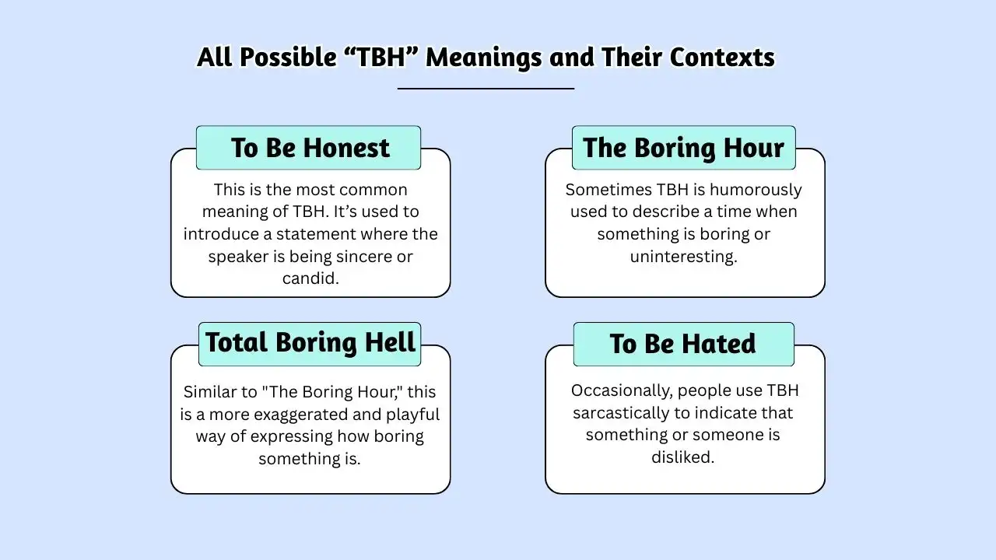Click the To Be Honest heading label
pos(310,148)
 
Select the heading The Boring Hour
pos(683,148)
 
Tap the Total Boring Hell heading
pos(310,343)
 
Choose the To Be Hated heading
pos(682,344)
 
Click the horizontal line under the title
pos(486,89)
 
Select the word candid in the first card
pos(310,278)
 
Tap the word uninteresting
pos(683,257)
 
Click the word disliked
pos(682,457)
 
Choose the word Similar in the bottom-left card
pos(211,391)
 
